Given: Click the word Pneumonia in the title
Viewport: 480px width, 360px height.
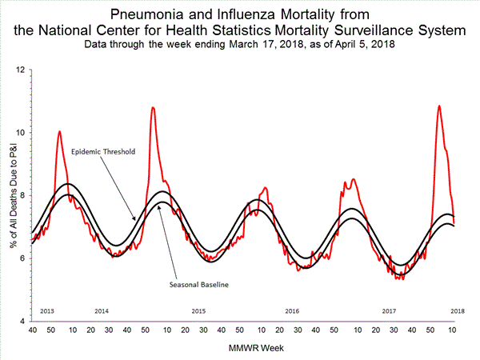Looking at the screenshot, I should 140,14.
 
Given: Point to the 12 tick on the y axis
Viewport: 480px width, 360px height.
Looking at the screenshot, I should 22,70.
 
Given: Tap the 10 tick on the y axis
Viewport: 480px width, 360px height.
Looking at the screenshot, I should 22,133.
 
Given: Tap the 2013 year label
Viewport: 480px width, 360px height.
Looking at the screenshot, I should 46,310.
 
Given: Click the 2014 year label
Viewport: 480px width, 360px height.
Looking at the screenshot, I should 102,310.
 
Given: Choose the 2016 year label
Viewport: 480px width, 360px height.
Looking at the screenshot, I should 293,310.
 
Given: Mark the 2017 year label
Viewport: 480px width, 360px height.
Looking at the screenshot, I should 390,310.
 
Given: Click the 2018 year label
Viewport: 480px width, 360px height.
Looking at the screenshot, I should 457,310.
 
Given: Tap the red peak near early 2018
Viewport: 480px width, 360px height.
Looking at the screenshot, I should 438,106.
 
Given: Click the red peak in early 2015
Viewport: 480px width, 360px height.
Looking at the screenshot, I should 153,107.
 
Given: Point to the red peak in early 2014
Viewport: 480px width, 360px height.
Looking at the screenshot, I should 59,131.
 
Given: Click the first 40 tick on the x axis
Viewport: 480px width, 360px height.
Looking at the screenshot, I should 32,330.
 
